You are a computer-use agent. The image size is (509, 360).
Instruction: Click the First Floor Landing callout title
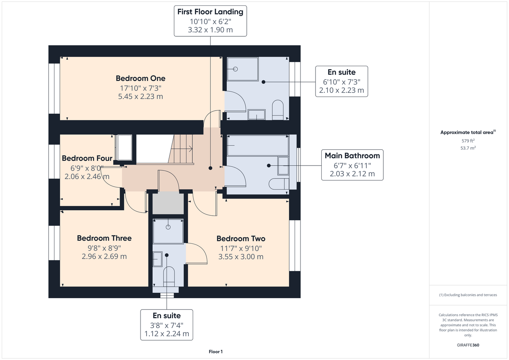[x=210, y=12]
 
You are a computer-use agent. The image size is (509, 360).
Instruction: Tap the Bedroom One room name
[x=140, y=78]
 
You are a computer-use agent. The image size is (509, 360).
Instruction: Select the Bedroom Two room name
[x=241, y=238]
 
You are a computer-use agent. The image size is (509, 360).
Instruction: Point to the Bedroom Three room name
[x=104, y=238]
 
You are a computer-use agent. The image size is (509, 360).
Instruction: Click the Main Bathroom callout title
[x=352, y=156]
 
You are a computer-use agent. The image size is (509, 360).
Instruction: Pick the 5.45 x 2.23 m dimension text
[x=140, y=96]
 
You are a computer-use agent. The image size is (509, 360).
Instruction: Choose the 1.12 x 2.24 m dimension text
[x=166, y=334]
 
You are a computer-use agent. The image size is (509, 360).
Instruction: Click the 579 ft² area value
[x=468, y=141]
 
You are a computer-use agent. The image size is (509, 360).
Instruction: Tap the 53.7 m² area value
[x=468, y=148]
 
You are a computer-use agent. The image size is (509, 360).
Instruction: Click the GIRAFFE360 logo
[x=468, y=345]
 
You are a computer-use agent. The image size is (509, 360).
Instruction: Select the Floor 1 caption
[x=216, y=352]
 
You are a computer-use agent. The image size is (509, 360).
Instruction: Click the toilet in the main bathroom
[x=279, y=184]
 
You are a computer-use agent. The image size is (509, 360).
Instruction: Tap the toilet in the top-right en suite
[x=278, y=110]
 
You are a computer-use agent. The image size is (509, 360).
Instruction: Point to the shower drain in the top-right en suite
[x=236, y=69]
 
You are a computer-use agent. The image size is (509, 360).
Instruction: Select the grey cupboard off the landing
[x=168, y=203]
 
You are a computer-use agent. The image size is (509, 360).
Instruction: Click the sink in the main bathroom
[x=283, y=166]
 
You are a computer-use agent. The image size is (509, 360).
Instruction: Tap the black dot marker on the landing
[x=210, y=168]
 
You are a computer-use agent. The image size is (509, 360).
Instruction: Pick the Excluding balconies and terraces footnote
[x=468, y=295]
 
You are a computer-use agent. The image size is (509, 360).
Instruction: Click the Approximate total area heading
[x=468, y=132]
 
